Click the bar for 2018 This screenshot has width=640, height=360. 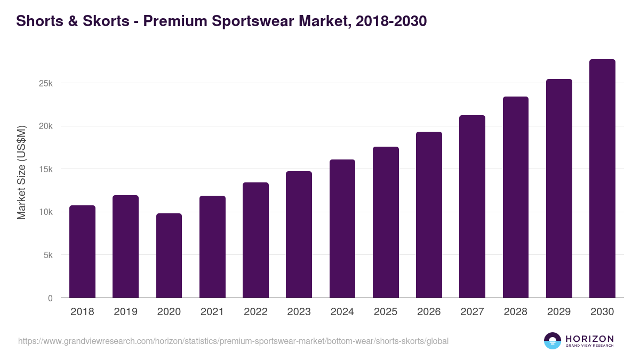tap(82, 252)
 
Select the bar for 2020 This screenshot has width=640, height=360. tap(169, 255)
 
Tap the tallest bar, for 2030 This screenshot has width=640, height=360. tap(602, 179)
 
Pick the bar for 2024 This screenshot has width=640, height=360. tap(342, 229)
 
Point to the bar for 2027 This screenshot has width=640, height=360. tap(472, 206)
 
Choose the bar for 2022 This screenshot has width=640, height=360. tap(255, 240)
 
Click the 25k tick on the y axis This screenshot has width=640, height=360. tap(45, 84)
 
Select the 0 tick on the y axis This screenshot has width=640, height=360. tap(50, 298)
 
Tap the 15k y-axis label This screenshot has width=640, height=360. tap(45, 170)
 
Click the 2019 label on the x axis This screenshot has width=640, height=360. tap(125, 312)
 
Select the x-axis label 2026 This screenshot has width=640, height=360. tap(429, 312)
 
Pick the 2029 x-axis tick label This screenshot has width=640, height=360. tap(559, 312)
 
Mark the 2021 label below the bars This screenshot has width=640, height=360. tap(212, 312)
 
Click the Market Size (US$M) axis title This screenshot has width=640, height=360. tap(21, 172)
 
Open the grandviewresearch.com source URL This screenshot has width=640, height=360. tap(233, 341)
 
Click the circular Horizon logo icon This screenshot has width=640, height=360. tap(553, 341)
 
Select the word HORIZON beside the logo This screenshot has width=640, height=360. tap(589, 338)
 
